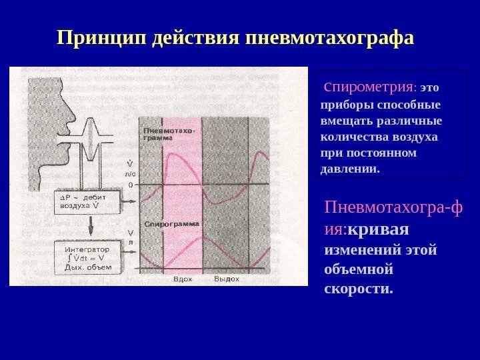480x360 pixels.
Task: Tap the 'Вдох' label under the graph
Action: click(x=182, y=279)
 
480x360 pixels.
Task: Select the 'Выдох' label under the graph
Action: click(x=226, y=279)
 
